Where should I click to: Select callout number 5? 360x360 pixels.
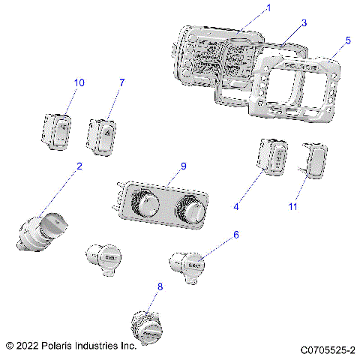click(347, 40)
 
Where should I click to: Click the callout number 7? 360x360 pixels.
click(121, 81)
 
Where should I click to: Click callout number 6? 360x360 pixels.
click(236, 234)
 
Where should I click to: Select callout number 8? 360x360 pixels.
click(159, 286)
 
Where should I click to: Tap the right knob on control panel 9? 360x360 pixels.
click(193, 211)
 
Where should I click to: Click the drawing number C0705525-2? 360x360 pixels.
click(327, 349)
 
